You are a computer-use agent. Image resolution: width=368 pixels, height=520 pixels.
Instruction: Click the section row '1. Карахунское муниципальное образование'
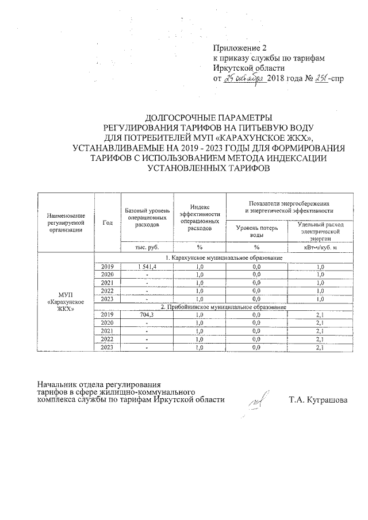[x=224, y=258]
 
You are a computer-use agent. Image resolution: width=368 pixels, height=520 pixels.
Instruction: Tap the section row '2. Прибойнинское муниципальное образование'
[x=224, y=307]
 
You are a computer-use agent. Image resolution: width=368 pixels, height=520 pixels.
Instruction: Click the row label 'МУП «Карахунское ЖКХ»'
[x=66, y=302]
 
